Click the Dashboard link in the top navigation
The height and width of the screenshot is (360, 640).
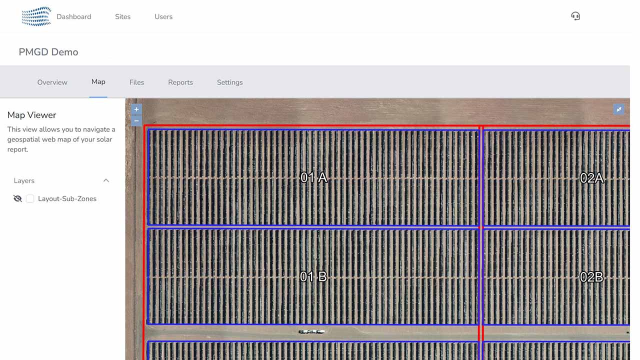73,16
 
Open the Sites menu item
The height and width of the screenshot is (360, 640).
123,16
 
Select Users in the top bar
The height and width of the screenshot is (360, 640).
163,16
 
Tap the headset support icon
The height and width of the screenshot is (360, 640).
575,16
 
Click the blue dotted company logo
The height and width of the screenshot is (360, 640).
36,16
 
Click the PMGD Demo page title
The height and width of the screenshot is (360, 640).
48,52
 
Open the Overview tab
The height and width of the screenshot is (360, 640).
52,82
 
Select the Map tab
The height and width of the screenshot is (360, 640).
98,81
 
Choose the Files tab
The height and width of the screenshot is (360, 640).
136,82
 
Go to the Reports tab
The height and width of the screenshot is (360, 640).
180,82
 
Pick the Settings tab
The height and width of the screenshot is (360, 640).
229,82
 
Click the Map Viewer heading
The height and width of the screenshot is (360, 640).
31,115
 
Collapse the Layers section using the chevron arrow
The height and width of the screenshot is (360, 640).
106,180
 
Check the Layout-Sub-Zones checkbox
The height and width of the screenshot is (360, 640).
30,198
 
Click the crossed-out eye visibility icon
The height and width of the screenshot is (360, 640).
17,198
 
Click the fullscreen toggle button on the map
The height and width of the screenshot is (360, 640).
618,109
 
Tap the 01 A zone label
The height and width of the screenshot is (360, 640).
313,177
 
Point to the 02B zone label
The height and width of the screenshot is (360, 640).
591,277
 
